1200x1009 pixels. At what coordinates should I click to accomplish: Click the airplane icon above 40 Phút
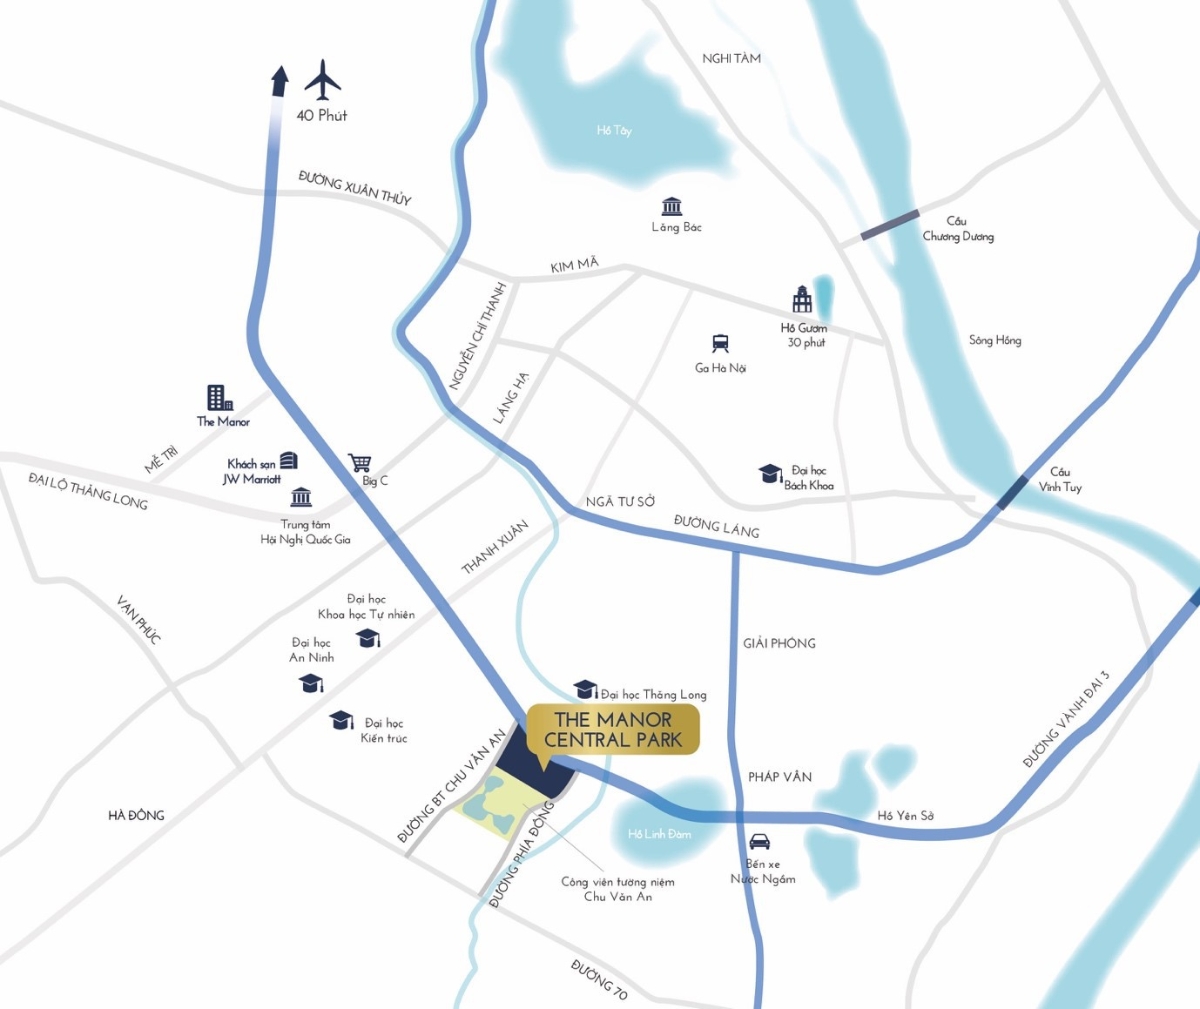pos(322,80)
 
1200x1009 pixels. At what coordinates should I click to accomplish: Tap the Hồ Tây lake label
pos(614,131)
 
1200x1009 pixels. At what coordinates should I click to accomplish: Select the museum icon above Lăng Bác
pos(672,206)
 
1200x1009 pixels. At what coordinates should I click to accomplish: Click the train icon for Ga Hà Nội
pos(720,344)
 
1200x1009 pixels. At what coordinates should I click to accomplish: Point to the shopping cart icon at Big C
pos(360,463)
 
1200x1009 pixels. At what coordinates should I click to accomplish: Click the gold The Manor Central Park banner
pos(613,730)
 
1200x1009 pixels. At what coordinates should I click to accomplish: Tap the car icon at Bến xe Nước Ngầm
pos(760,841)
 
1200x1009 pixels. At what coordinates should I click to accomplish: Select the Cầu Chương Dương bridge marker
pos(890,225)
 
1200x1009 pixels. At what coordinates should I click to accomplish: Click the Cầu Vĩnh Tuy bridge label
pos(1059,479)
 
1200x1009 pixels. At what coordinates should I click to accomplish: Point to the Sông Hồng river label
pos(995,340)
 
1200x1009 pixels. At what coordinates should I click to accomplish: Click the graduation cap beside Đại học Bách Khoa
pos(769,473)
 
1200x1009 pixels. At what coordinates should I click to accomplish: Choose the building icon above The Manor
pos(220,398)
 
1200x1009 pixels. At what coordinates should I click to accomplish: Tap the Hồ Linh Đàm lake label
pos(659,834)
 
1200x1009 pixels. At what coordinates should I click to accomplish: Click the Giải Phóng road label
pos(779,643)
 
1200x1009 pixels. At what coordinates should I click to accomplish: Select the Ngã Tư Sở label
pos(620,501)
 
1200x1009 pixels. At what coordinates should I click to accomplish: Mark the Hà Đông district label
pos(136,815)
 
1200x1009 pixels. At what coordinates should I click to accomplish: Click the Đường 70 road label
pos(600,979)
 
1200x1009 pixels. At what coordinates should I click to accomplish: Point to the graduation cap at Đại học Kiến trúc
pos(342,720)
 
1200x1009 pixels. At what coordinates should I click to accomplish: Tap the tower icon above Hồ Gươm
pos(802,299)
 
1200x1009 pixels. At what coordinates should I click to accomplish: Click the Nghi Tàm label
pos(731,59)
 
